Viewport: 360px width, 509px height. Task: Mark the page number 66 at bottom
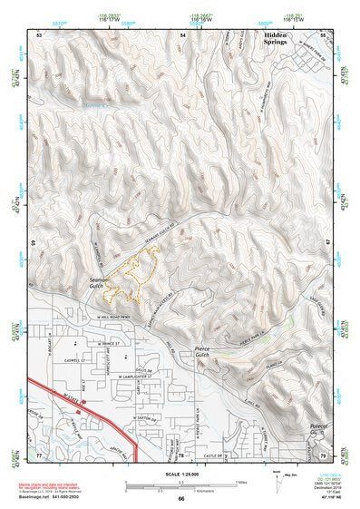[x=181, y=499]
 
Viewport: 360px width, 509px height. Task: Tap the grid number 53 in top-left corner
[x=39, y=34]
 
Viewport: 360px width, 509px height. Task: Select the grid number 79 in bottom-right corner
[x=323, y=453]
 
